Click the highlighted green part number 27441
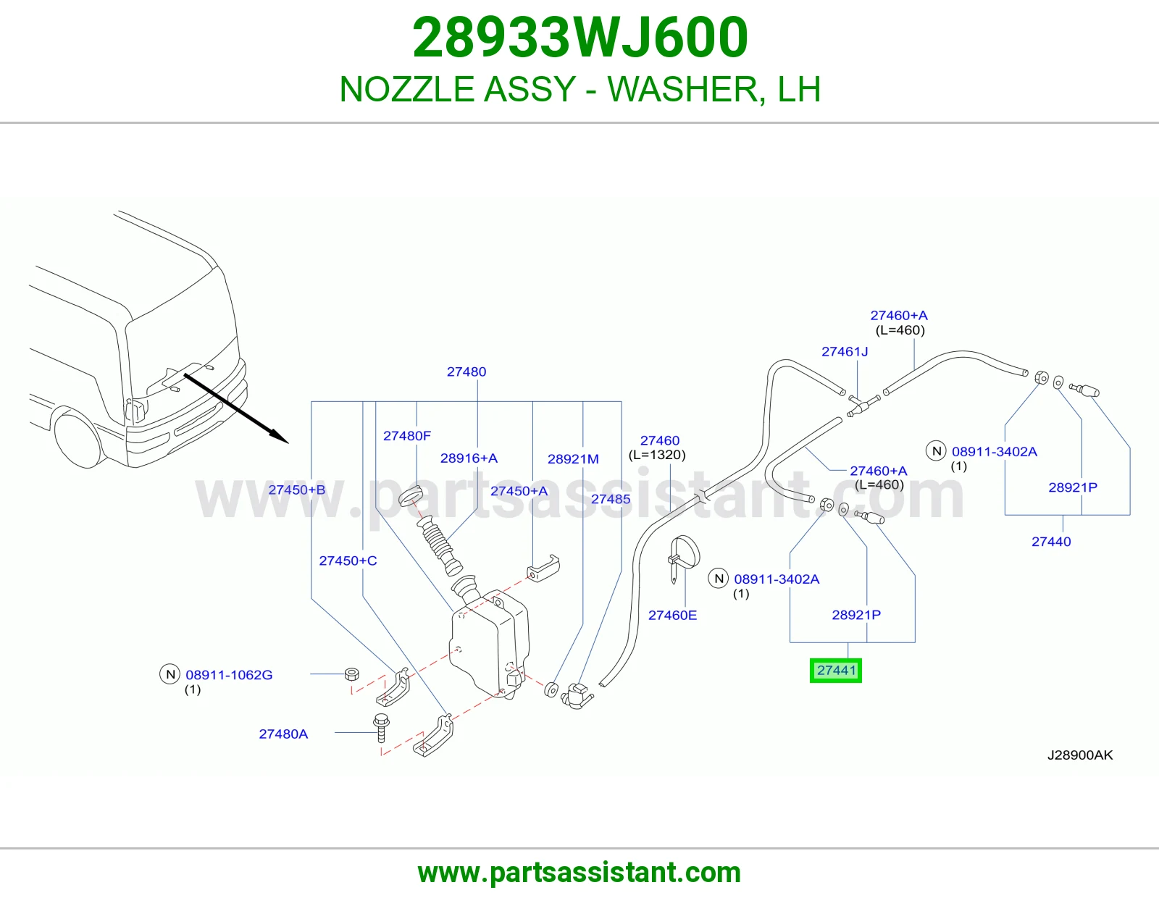coord(836,671)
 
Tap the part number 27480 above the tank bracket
coord(466,372)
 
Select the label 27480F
coord(407,436)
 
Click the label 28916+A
coord(469,458)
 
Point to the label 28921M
coord(574,459)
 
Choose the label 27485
coord(611,499)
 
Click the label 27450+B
coord(296,490)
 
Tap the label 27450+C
coord(348,561)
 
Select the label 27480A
coord(283,734)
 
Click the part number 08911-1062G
coord(229,675)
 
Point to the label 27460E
coord(672,616)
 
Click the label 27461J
coord(845,352)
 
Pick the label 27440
coord(1051,542)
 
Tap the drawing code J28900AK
coord(1080,755)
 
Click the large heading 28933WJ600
coord(580,38)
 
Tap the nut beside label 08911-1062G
coord(351,674)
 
